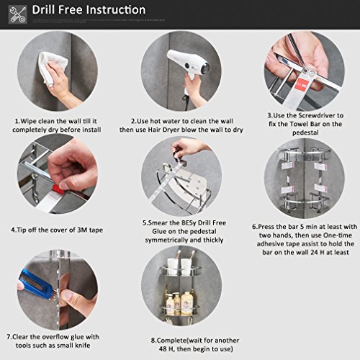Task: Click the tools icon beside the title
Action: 18,14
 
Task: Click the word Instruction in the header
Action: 116,10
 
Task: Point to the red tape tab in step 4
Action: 58,189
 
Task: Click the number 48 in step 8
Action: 163,348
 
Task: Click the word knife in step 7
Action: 83,346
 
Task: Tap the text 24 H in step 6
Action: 315,253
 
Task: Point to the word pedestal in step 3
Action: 305,132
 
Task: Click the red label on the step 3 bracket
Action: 302,85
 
